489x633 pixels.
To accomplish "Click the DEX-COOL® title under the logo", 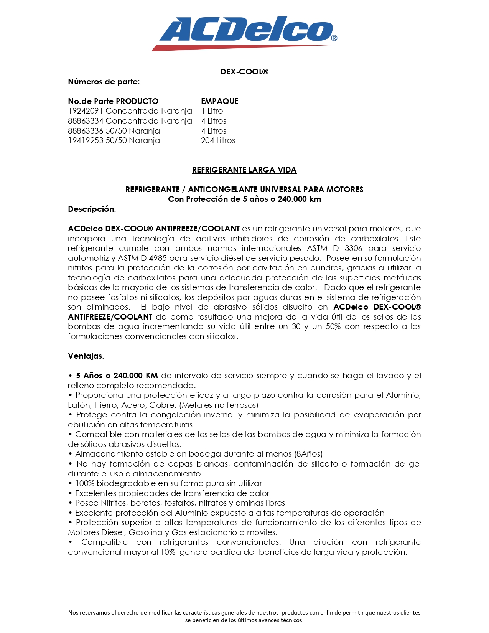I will [x=244, y=72].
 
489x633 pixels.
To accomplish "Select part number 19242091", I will [x=86, y=111].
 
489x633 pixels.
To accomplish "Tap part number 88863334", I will [x=86, y=121].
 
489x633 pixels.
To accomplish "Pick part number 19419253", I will [x=86, y=140].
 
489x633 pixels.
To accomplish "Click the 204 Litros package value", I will [x=218, y=140].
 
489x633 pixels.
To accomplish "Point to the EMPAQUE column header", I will [x=220, y=101].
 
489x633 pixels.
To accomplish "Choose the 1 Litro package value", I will [x=212, y=111].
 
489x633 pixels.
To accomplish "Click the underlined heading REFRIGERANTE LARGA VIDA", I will [x=244, y=170].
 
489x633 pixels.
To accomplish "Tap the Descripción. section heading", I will [x=92, y=209].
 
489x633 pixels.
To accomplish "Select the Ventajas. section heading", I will [x=86, y=356].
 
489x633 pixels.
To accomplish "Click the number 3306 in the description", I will [x=353, y=248].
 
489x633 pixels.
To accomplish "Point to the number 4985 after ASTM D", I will [x=158, y=258].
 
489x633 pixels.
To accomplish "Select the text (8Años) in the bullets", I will [x=308, y=454].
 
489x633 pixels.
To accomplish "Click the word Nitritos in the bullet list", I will [x=114, y=503].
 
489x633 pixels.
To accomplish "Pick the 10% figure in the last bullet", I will [x=168, y=552].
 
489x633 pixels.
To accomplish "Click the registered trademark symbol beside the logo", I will [x=334, y=38].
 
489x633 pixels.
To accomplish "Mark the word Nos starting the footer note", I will [x=73, y=613].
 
